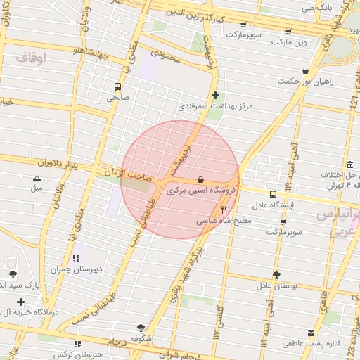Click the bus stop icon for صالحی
(x=118, y=87)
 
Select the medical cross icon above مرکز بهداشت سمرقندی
(x=215, y=95)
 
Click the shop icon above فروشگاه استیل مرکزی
(x=201, y=180)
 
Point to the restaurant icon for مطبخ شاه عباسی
(x=224, y=209)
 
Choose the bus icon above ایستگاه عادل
(x=273, y=194)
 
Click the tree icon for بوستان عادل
(x=276, y=274)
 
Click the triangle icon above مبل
(x=37, y=178)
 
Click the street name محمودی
(x=166, y=56)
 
